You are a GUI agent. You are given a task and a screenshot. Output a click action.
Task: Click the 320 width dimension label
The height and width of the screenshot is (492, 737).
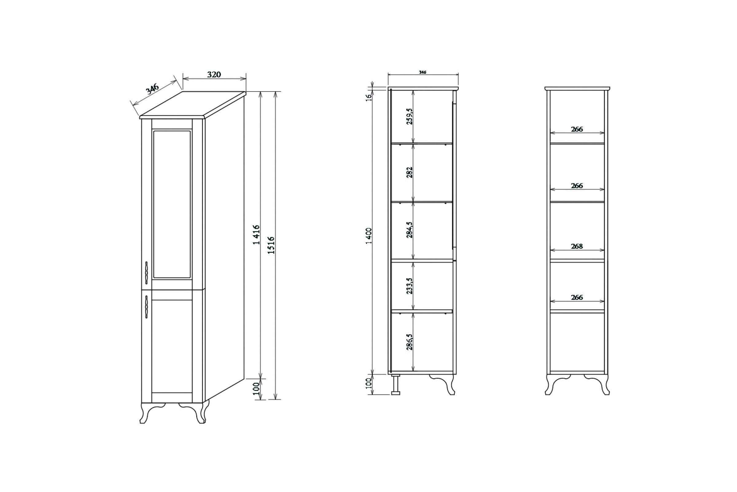(214, 75)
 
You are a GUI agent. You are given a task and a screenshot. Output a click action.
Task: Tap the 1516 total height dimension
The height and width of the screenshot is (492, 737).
(271, 245)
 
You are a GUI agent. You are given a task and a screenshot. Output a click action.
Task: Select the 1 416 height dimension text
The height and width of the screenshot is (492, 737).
(257, 234)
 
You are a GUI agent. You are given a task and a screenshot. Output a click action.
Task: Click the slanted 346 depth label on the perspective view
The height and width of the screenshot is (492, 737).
(153, 89)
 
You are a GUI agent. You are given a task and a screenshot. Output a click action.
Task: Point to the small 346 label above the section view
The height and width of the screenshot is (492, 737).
(423, 72)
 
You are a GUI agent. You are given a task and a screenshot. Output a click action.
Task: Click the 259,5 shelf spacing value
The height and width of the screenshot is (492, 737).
(410, 117)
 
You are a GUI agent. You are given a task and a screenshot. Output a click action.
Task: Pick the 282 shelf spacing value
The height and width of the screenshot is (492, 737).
(410, 172)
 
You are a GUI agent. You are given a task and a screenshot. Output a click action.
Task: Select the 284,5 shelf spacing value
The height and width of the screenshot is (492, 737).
(410, 230)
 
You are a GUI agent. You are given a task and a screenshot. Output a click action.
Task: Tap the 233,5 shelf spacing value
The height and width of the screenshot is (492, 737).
(410, 286)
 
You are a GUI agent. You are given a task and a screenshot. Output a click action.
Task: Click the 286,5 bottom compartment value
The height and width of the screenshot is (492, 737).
(410, 342)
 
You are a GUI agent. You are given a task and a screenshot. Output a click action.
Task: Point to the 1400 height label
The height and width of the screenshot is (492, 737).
(369, 236)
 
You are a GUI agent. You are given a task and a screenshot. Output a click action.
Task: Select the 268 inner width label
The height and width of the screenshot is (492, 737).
(577, 246)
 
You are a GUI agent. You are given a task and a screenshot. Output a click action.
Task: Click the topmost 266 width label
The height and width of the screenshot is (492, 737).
(577, 129)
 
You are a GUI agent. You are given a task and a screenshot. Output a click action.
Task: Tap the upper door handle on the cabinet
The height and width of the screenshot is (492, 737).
(146, 273)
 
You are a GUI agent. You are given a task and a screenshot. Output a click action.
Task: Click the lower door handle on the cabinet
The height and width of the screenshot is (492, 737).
(146, 307)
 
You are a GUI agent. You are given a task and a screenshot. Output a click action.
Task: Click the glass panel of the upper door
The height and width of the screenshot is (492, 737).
(172, 204)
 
